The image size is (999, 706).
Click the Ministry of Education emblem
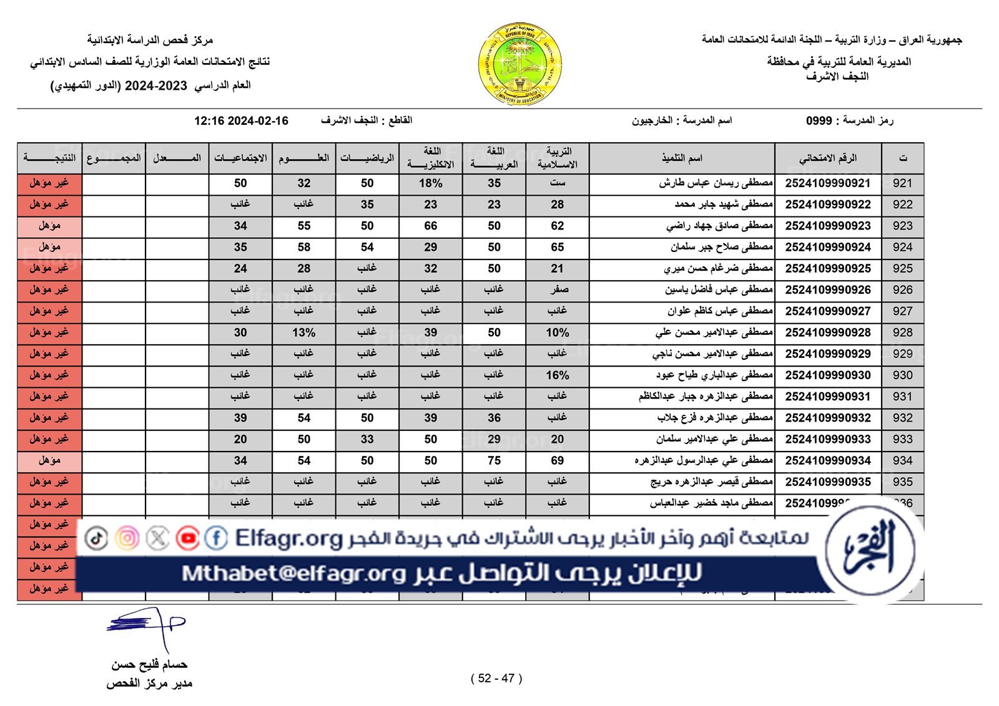click(520, 64)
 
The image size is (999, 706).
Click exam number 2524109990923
click(827, 226)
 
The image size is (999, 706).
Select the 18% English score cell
click(430, 183)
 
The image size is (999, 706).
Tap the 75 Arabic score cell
click(494, 461)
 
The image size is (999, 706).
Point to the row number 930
click(902, 375)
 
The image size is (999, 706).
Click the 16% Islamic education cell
click(557, 375)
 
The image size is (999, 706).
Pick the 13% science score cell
click(303, 333)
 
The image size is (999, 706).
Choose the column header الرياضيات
click(367, 158)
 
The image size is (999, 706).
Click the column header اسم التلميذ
click(682, 158)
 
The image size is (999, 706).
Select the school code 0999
click(819, 120)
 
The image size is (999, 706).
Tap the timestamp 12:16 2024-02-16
click(241, 121)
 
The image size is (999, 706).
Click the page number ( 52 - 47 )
click(496, 679)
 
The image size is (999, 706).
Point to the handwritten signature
click(147, 626)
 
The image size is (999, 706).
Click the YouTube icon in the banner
click(187, 538)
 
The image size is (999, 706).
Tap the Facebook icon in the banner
click(216, 538)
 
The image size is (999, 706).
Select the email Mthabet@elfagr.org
click(293, 573)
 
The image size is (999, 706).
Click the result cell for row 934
click(49, 461)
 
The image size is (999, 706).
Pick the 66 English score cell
click(430, 226)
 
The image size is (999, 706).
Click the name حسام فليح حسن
click(149, 665)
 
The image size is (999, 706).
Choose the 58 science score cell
click(303, 248)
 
